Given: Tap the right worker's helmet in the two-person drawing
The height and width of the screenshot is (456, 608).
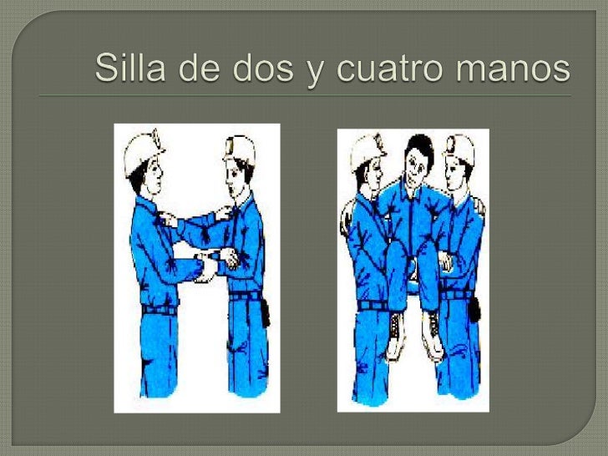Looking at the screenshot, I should (240, 149).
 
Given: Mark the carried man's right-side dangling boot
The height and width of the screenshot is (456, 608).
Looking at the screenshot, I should (429, 327).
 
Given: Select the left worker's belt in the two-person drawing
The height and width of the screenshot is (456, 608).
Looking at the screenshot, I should (159, 309).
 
